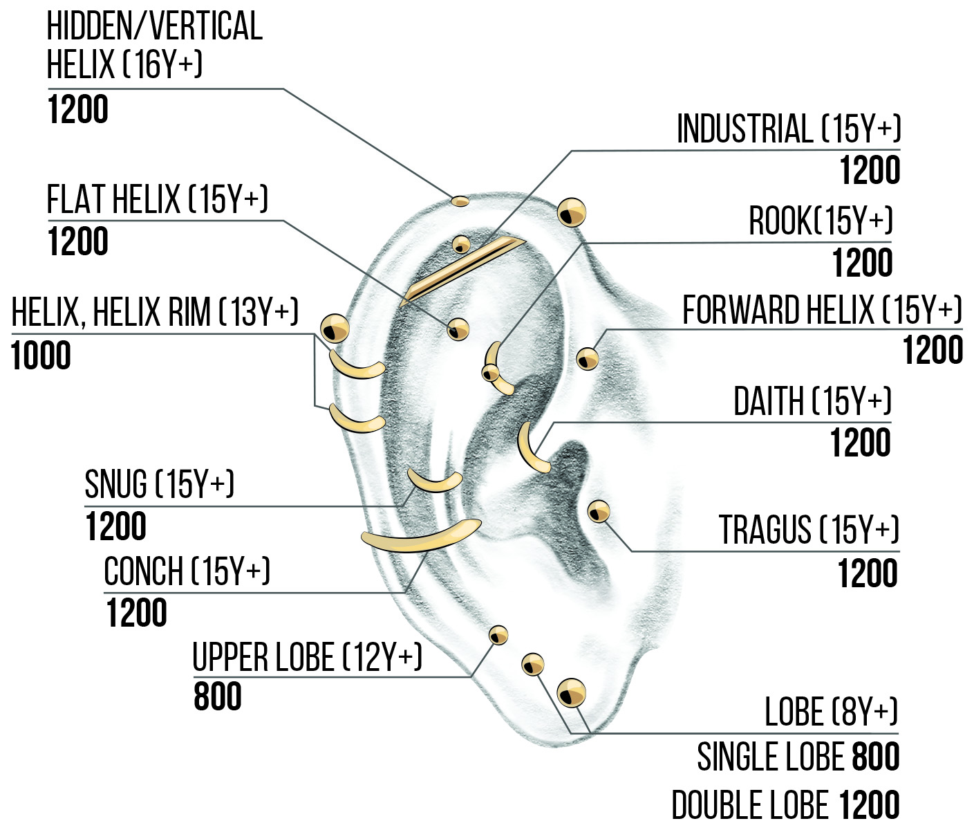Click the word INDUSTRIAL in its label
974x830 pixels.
(745, 129)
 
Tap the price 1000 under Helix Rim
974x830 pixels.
(41, 356)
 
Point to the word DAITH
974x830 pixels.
(768, 402)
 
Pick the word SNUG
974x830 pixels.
(115, 484)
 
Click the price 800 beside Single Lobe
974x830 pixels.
(875, 757)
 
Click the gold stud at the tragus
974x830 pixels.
(599, 512)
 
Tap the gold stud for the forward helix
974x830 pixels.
(588, 358)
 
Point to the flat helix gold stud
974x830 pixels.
(458, 329)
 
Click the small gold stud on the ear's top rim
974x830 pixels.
(460, 201)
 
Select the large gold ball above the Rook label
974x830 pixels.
(572, 212)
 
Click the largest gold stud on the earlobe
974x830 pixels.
(571, 693)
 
